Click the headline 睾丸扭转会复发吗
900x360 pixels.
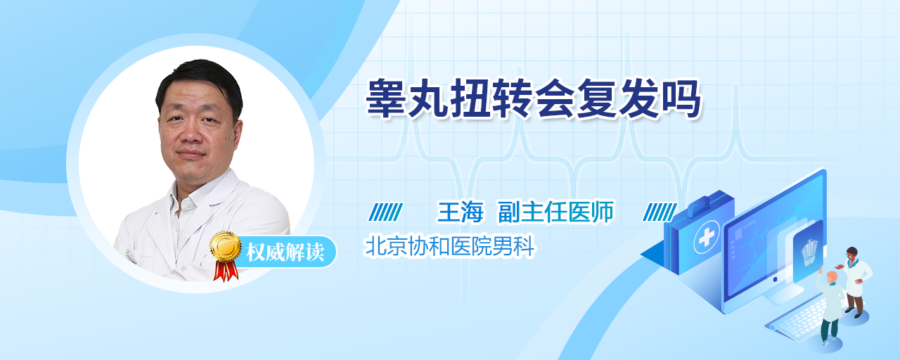pyautogui.click(x=533, y=99)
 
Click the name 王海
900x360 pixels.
pyautogui.click(x=460, y=212)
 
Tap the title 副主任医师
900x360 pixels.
pyautogui.click(x=556, y=212)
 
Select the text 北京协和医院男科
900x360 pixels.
pyautogui.click(x=449, y=246)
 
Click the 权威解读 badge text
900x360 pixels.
pyautogui.click(x=285, y=252)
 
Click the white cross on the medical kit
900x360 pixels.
pyautogui.click(x=707, y=237)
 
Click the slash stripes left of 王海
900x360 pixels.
pyautogui.click(x=385, y=212)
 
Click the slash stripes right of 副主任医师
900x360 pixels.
pyautogui.click(x=660, y=212)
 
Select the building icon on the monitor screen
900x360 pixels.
pyautogui.click(x=809, y=251)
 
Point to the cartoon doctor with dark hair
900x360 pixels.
pyautogui.click(x=854, y=281)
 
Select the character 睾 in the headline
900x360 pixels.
pyautogui.click(x=386, y=99)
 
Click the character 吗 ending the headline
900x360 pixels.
pyautogui.click(x=681, y=99)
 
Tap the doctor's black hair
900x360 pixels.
pyautogui.click(x=200, y=82)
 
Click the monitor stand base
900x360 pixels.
pyautogui.click(x=781, y=295)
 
